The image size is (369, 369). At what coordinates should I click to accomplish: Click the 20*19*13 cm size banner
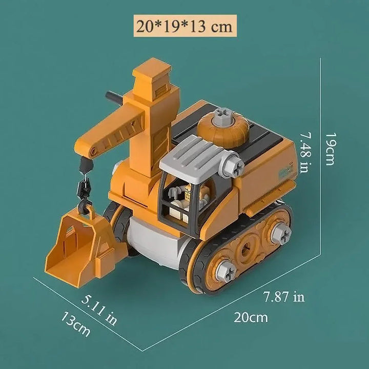point(184,25)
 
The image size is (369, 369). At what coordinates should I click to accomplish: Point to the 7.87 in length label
point(283,296)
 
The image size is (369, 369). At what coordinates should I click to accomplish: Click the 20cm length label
point(251,317)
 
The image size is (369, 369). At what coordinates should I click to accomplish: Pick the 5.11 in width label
point(98,310)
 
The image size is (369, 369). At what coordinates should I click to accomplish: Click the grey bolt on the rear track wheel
point(280,233)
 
